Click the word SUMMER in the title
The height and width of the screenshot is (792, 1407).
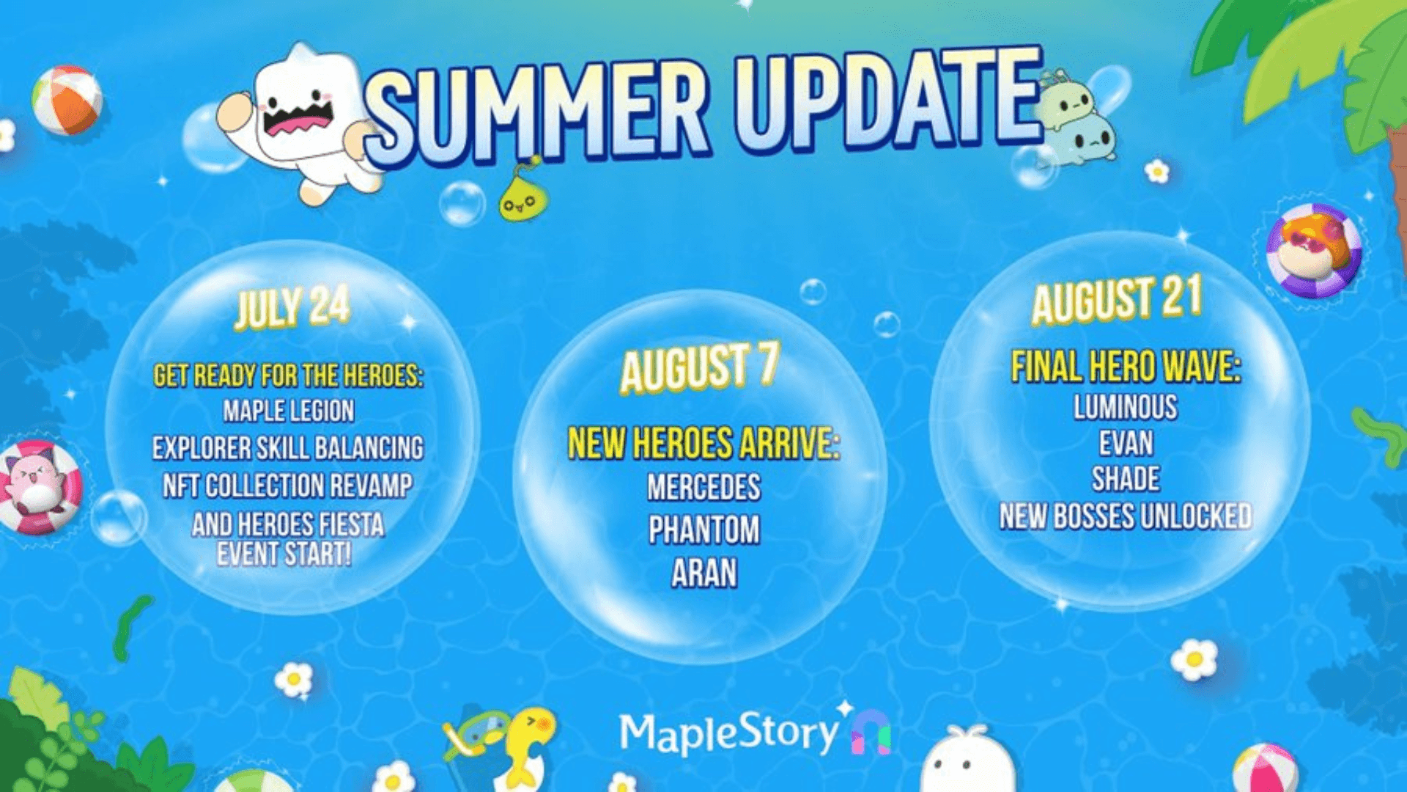(539, 110)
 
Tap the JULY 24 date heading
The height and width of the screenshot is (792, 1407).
(292, 307)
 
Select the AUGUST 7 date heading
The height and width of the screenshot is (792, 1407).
(699, 367)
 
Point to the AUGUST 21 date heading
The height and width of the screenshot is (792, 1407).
(1117, 299)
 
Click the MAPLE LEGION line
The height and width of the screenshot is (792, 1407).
(289, 411)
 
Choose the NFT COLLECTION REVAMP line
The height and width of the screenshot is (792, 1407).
(287, 485)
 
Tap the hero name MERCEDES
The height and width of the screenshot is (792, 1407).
(703, 487)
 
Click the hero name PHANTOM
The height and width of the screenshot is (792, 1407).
(703, 529)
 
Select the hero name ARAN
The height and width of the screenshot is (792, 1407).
(703, 573)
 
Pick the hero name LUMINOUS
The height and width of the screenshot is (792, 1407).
(1126, 408)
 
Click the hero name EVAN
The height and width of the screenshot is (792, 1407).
(1126, 444)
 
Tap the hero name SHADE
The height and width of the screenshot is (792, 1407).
(1126, 480)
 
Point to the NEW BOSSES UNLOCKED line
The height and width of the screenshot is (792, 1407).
(1126, 516)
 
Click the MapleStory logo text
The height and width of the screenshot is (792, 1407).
(729, 733)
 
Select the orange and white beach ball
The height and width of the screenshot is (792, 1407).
(67, 100)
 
